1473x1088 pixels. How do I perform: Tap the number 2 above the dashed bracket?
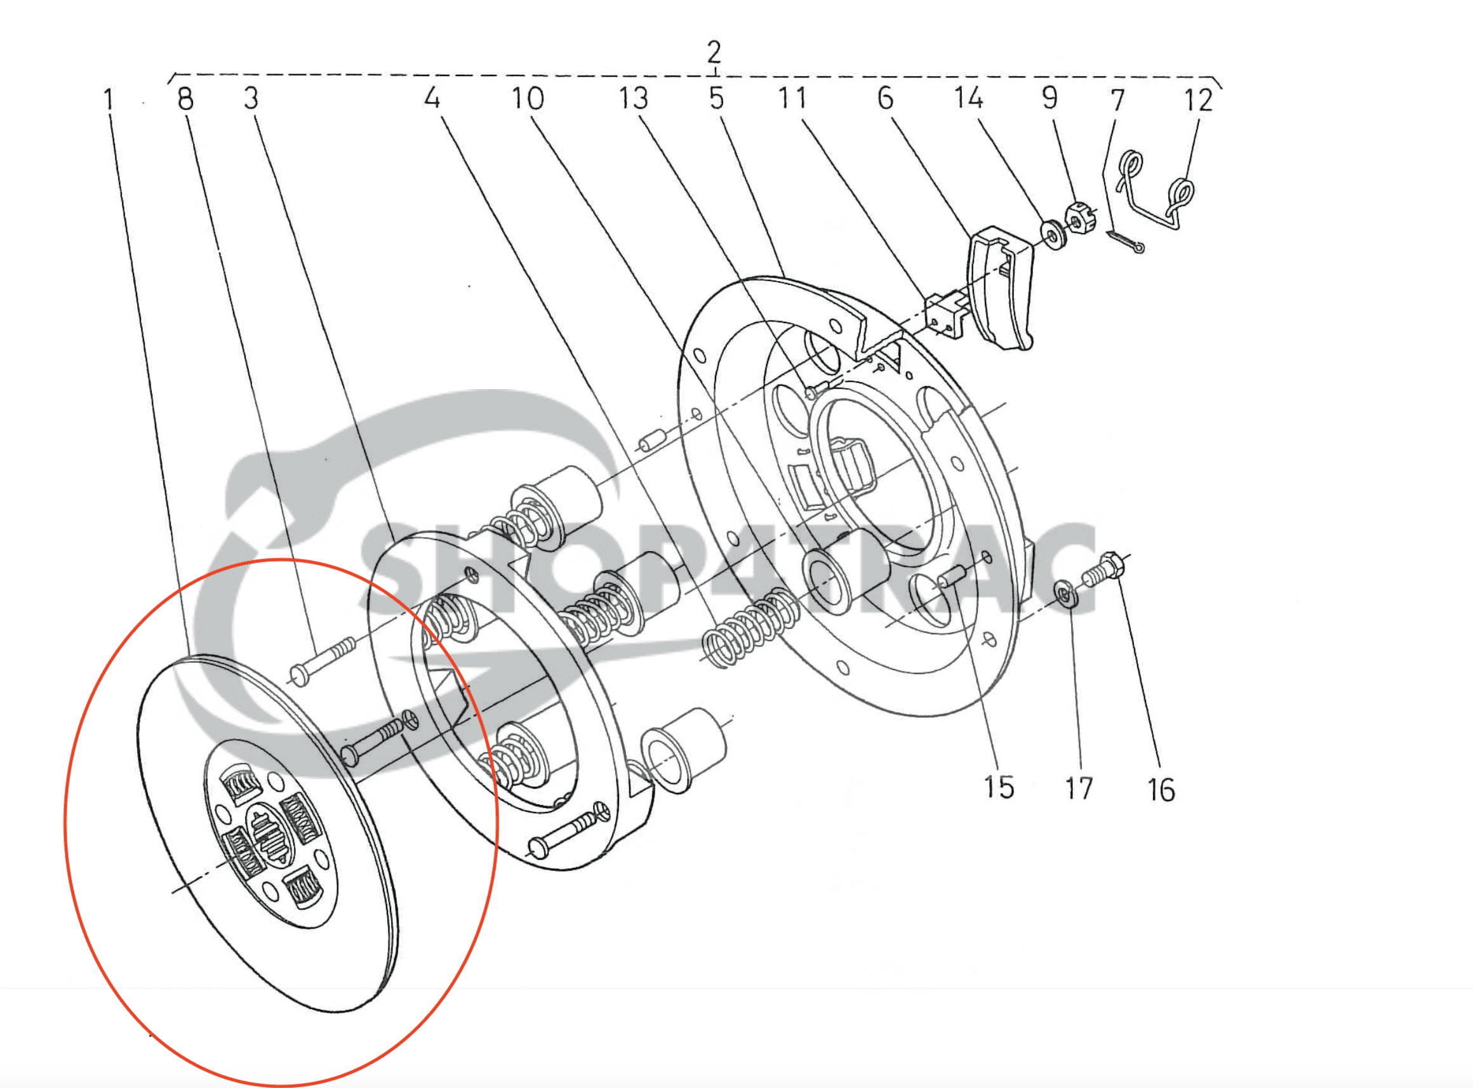pos(714,52)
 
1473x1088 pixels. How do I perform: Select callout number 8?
pos(186,100)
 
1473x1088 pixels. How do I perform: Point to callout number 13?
pos(633,99)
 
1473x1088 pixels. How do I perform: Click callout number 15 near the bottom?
pos(999,788)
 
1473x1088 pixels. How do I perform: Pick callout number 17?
pos(1079,788)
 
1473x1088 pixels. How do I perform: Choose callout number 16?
pos(1161,790)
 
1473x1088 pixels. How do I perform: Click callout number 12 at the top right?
pos(1198,101)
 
